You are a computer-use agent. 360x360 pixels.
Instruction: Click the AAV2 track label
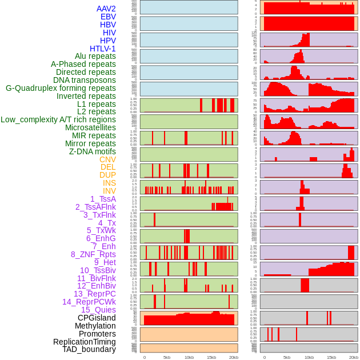106,9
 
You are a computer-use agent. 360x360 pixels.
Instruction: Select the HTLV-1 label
102,49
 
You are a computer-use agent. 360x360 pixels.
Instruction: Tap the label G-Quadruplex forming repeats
61,89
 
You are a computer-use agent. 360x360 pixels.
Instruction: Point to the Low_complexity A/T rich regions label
58,119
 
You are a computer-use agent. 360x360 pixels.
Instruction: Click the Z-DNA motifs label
92,151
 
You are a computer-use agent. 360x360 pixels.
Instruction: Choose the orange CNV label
107,159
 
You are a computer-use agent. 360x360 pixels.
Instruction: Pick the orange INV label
109,191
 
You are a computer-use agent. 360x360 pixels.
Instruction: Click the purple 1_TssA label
103,199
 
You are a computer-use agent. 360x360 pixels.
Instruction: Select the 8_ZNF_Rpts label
93,254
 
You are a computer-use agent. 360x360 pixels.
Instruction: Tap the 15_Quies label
98,310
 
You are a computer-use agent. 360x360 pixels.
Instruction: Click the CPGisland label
97,318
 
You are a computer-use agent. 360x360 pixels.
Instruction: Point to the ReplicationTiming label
84,342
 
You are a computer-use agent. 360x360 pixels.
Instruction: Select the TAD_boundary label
89,349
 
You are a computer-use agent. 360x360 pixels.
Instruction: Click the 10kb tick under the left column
189,357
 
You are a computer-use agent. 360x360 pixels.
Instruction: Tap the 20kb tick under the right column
354,357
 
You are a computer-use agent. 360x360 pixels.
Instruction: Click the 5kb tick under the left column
167,357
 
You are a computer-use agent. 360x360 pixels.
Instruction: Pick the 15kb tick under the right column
331,357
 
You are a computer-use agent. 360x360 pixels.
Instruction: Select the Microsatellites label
90,127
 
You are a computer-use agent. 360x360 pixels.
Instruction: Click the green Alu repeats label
95,56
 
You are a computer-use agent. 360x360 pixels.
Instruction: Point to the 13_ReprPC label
94,294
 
